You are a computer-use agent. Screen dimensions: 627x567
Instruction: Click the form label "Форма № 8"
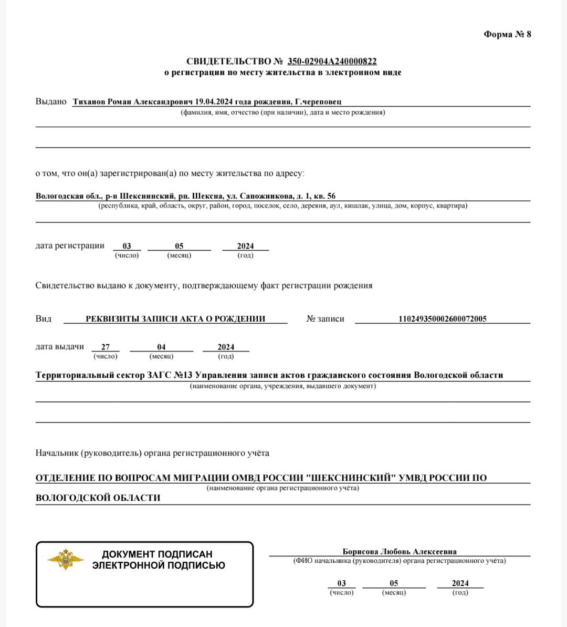pyautogui.click(x=507, y=35)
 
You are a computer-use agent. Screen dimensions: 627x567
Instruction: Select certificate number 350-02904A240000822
pyautogui.click(x=332, y=61)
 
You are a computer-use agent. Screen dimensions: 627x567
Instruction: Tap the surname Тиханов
pyautogui.click(x=89, y=101)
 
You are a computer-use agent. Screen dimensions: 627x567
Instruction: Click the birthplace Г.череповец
pyautogui.click(x=318, y=101)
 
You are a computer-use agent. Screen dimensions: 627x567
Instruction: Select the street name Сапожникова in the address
pyautogui.click(x=266, y=196)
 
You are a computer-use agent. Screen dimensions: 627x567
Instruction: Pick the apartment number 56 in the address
pyautogui.click(x=331, y=196)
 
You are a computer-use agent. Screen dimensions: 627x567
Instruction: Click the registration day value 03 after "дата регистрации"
pyautogui.click(x=127, y=246)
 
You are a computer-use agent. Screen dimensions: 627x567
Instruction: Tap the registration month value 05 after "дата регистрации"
pyautogui.click(x=179, y=246)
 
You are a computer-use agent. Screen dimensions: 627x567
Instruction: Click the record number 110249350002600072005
pyautogui.click(x=443, y=318)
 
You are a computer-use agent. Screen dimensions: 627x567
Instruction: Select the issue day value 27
pyautogui.click(x=106, y=347)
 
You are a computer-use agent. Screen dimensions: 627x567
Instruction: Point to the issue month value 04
pyautogui.click(x=161, y=347)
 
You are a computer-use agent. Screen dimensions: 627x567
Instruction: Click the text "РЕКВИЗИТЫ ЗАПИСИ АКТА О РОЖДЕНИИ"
pyautogui.click(x=175, y=318)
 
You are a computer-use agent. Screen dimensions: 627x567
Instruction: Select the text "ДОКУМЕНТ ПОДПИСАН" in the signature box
pyautogui.click(x=157, y=554)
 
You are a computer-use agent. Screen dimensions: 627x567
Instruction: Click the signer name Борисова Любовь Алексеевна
pyautogui.click(x=400, y=552)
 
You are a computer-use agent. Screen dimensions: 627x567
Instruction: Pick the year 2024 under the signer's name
pyautogui.click(x=460, y=583)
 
